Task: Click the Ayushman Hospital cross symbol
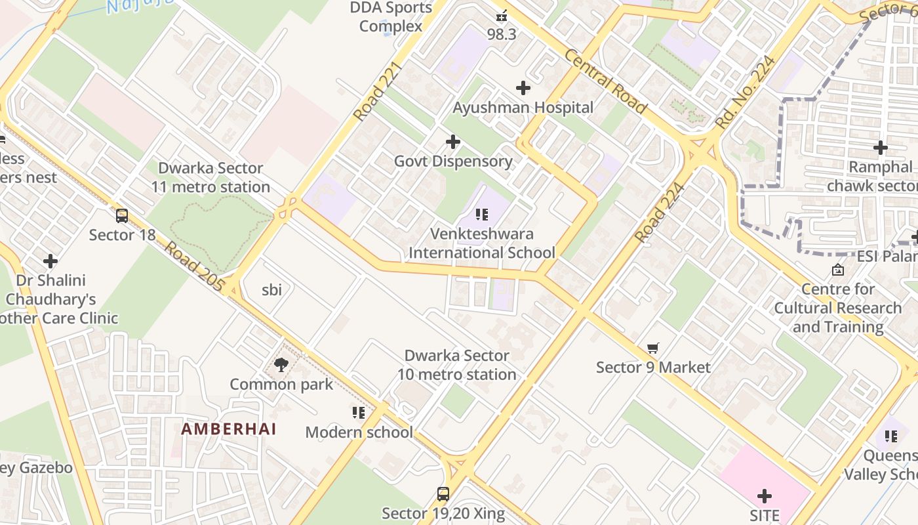pyautogui.click(x=523, y=88)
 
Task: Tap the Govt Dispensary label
pyautogui.click(x=453, y=161)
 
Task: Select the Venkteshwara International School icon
pyautogui.click(x=482, y=215)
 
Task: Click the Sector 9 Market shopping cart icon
pyautogui.click(x=652, y=348)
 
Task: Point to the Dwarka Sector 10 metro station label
pyautogui.click(x=457, y=365)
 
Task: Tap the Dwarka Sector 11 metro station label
pyautogui.click(x=210, y=178)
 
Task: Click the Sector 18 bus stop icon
pyautogui.click(x=121, y=216)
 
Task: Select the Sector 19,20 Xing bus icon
pyautogui.click(x=443, y=494)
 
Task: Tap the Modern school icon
pyautogui.click(x=358, y=413)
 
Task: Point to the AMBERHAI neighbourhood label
pyautogui.click(x=229, y=429)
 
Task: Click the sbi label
pyautogui.click(x=271, y=289)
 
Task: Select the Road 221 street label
pyautogui.click(x=376, y=92)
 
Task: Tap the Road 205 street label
pyautogui.click(x=194, y=268)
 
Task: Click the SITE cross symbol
pyautogui.click(x=765, y=496)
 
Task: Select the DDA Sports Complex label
pyautogui.click(x=391, y=17)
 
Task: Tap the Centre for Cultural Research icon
pyautogui.click(x=838, y=270)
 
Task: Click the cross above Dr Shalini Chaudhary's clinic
pyautogui.click(x=50, y=261)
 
